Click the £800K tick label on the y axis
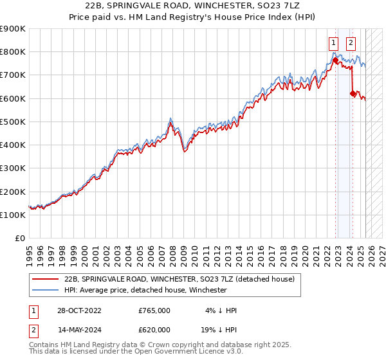pyautogui.click(x=12, y=51)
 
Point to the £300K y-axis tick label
pyautogui.click(x=12, y=168)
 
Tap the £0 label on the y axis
pyautogui.click(x=20, y=239)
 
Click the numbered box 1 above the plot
pyautogui.click(x=334, y=44)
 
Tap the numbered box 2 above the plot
pyautogui.click(x=351, y=44)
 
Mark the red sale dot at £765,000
pyautogui.click(x=335, y=60)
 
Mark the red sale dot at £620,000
pyautogui.click(x=353, y=94)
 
